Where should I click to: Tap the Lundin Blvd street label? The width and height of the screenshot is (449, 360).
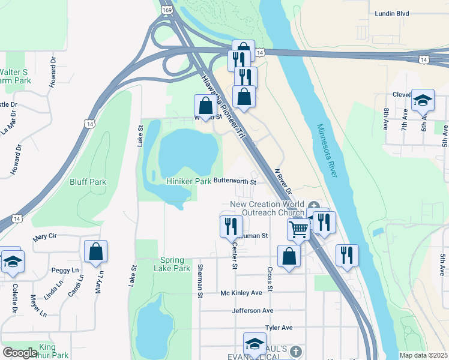click(x=408, y=13)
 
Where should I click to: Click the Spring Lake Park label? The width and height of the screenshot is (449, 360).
click(x=175, y=264)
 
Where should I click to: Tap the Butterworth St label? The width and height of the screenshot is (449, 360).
click(x=235, y=181)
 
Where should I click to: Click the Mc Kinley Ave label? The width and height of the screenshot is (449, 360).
click(x=241, y=293)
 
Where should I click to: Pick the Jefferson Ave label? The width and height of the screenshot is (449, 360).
click(x=253, y=311)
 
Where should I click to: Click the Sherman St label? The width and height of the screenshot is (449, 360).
click(x=199, y=280)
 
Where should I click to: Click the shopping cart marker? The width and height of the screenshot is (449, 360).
click(x=298, y=229)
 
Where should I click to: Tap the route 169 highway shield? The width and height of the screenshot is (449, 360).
click(x=167, y=10)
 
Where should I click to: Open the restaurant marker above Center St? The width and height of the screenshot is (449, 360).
click(x=231, y=226)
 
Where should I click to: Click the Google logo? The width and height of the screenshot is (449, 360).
click(x=20, y=353)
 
